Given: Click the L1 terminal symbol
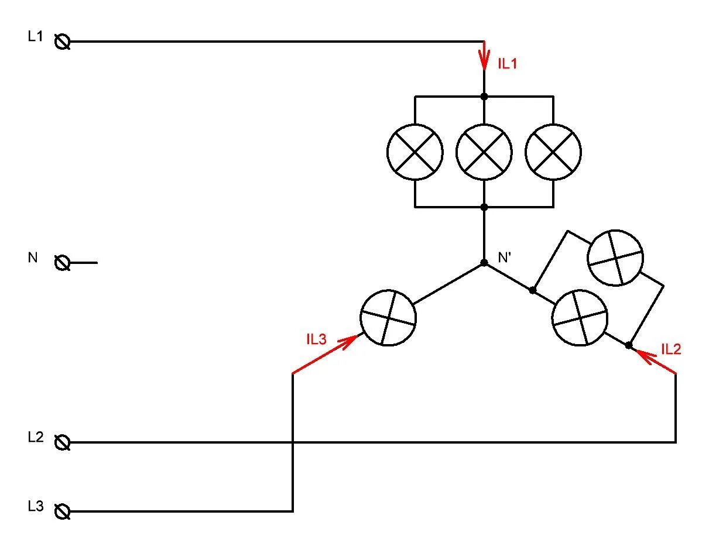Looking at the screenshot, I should (63, 42).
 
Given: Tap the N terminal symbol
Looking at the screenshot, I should (63, 263).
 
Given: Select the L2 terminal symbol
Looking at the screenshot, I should (63, 442).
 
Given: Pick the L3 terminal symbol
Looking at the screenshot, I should (63, 512).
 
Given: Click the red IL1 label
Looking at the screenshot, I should (508, 64).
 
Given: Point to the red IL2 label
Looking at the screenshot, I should (671, 349).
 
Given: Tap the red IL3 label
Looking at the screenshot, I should (316, 339).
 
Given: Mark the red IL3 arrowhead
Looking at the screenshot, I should (350, 340).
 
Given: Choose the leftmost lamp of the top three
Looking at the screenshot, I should (415, 152).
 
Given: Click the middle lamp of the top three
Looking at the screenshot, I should (484, 152).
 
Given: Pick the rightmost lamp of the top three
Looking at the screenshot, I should (553, 152).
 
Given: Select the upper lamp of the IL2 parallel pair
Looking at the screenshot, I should (615, 258).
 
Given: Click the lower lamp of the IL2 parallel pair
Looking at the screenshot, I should (580, 318).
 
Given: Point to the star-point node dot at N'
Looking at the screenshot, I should (484, 263).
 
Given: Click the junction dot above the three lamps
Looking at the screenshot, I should (484, 97).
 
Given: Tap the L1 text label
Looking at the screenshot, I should (35, 36).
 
